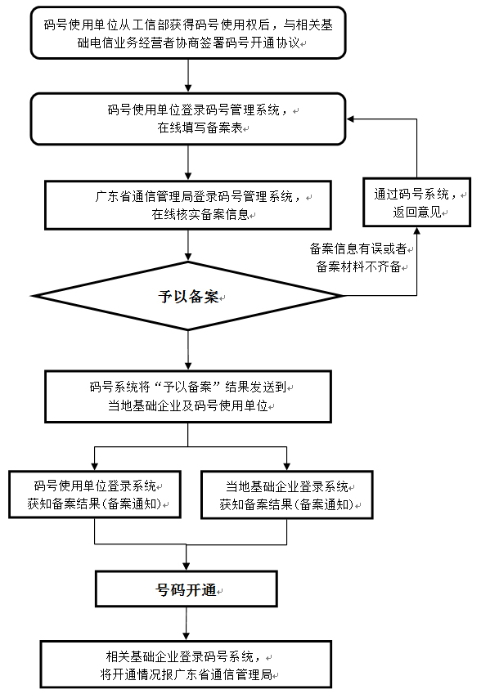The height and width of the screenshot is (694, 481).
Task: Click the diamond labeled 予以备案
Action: [x=189, y=296]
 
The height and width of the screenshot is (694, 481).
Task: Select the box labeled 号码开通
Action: [x=189, y=589]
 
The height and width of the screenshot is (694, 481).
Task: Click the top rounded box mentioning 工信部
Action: [x=188, y=33]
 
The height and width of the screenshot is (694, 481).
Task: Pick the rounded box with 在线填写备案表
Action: [x=188, y=119]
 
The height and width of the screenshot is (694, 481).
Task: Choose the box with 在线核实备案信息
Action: [x=189, y=205]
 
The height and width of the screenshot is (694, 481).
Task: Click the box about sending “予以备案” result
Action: [x=189, y=396]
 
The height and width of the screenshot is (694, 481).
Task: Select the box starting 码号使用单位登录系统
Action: [x=95, y=495]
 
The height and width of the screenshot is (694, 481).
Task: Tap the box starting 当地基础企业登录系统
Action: [x=286, y=495]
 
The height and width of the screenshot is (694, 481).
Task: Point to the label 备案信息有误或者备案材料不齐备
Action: [x=360, y=257]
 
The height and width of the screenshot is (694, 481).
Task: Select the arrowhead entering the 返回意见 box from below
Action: [x=418, y=231]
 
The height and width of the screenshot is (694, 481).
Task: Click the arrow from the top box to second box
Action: [x=189, y=78]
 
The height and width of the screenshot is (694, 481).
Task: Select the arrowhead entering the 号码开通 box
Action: [x=189, y=566]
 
